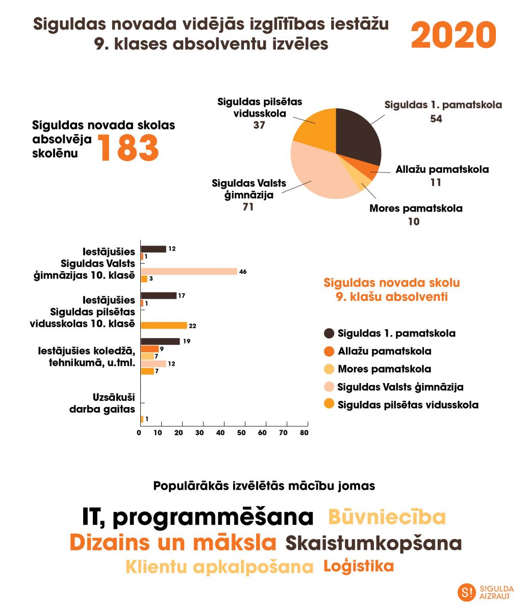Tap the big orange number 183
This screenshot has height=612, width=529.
[x=129, y=147]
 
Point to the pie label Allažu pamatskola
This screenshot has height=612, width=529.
[x=442, y=169]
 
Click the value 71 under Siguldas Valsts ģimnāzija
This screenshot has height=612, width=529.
[x=248, y=207]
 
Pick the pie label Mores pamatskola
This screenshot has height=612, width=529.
[x=416, y=208]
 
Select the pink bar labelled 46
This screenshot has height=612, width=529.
[x=189, y=271]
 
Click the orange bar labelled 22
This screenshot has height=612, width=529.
[x=164, y=325]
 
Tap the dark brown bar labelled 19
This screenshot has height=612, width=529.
[x=160, y=341]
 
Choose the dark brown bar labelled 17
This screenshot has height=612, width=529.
[x=158, y=295]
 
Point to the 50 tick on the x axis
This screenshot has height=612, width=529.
[x=241, y=432]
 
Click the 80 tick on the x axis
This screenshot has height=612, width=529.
[x=304, y=432]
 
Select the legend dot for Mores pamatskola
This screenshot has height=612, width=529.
[x=329, y=369]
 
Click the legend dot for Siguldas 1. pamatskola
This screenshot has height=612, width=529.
[x=329, y=334]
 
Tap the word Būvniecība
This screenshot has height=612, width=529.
[x=387, y=517]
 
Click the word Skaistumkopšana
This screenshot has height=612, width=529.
[x=373, y=543]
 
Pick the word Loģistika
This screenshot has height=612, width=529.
[x=359, y=566]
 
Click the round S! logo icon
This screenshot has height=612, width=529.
[x=466, y=592]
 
